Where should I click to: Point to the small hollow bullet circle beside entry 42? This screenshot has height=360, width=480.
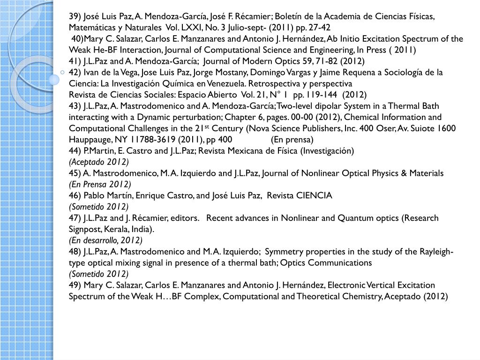click(63, 72)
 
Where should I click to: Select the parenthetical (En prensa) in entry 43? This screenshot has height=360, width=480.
click(292, 139)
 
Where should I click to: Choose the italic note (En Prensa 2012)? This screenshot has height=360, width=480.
click(100, 184)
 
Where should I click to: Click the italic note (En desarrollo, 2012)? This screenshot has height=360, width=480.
click(105, 240)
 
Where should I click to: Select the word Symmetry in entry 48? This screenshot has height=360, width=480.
click(289, 252)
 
